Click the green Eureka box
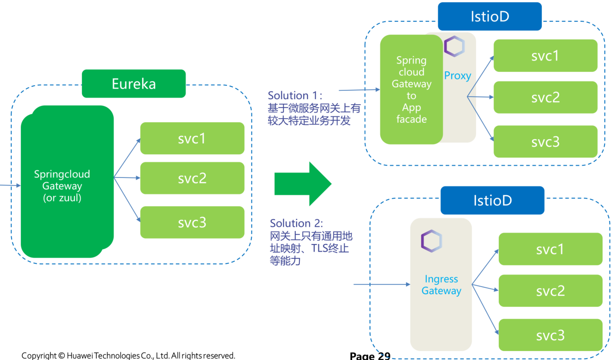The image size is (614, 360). pos(134,84)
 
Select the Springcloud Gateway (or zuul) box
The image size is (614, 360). pos(62,185)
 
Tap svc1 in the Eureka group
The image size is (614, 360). pos(192,138)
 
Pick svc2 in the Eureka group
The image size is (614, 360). pos(192,178)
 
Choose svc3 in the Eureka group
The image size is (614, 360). pos(192,222)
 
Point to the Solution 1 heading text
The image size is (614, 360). pos(295,95)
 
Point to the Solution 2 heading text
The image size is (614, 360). pos(296,223)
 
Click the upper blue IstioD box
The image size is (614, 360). pos(489,17)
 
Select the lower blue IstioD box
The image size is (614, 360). pos(492,201)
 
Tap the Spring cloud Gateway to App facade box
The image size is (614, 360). pos(411,90)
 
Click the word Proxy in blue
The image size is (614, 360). pos(457,76)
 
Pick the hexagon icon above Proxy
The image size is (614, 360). pos(454,46)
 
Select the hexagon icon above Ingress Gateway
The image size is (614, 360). pos(431,241)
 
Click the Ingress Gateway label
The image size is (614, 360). pos(441,285)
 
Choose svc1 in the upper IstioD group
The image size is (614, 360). pos(545,56)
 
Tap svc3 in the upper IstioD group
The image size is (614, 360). pos(545,142)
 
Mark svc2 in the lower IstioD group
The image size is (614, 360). pos(550,291)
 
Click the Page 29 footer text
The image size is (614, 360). pos(370,355)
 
